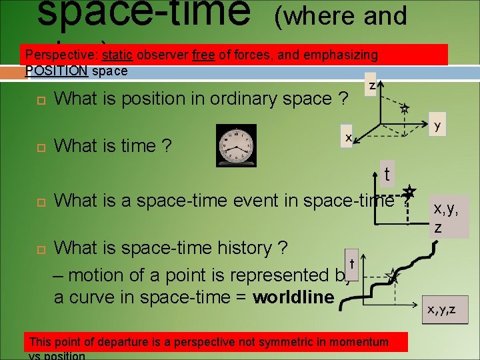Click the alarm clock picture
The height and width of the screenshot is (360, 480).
pos(235,145)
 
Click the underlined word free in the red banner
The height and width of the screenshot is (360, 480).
pos(203,55)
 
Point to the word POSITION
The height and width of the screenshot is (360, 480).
pos(56,71)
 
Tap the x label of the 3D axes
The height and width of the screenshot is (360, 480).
pos(348,136)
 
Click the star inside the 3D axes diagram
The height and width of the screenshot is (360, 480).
pos(404,107)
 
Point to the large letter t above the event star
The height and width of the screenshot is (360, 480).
pos(387,174)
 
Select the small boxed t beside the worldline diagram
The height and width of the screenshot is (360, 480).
pos(351,255)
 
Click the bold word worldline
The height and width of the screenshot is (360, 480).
pos(293,297)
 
